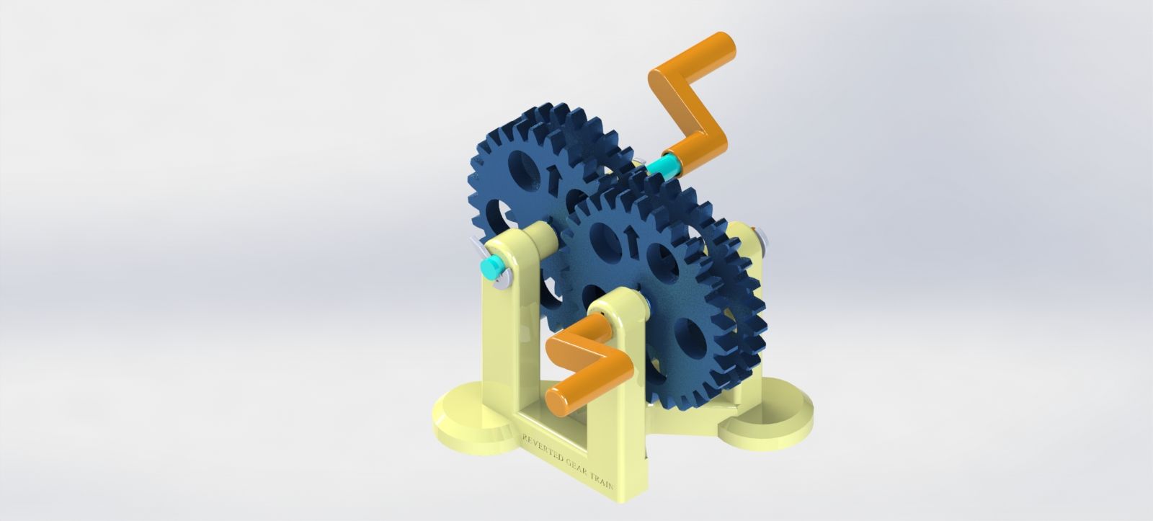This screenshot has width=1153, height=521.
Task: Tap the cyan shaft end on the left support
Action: click(491, 269)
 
